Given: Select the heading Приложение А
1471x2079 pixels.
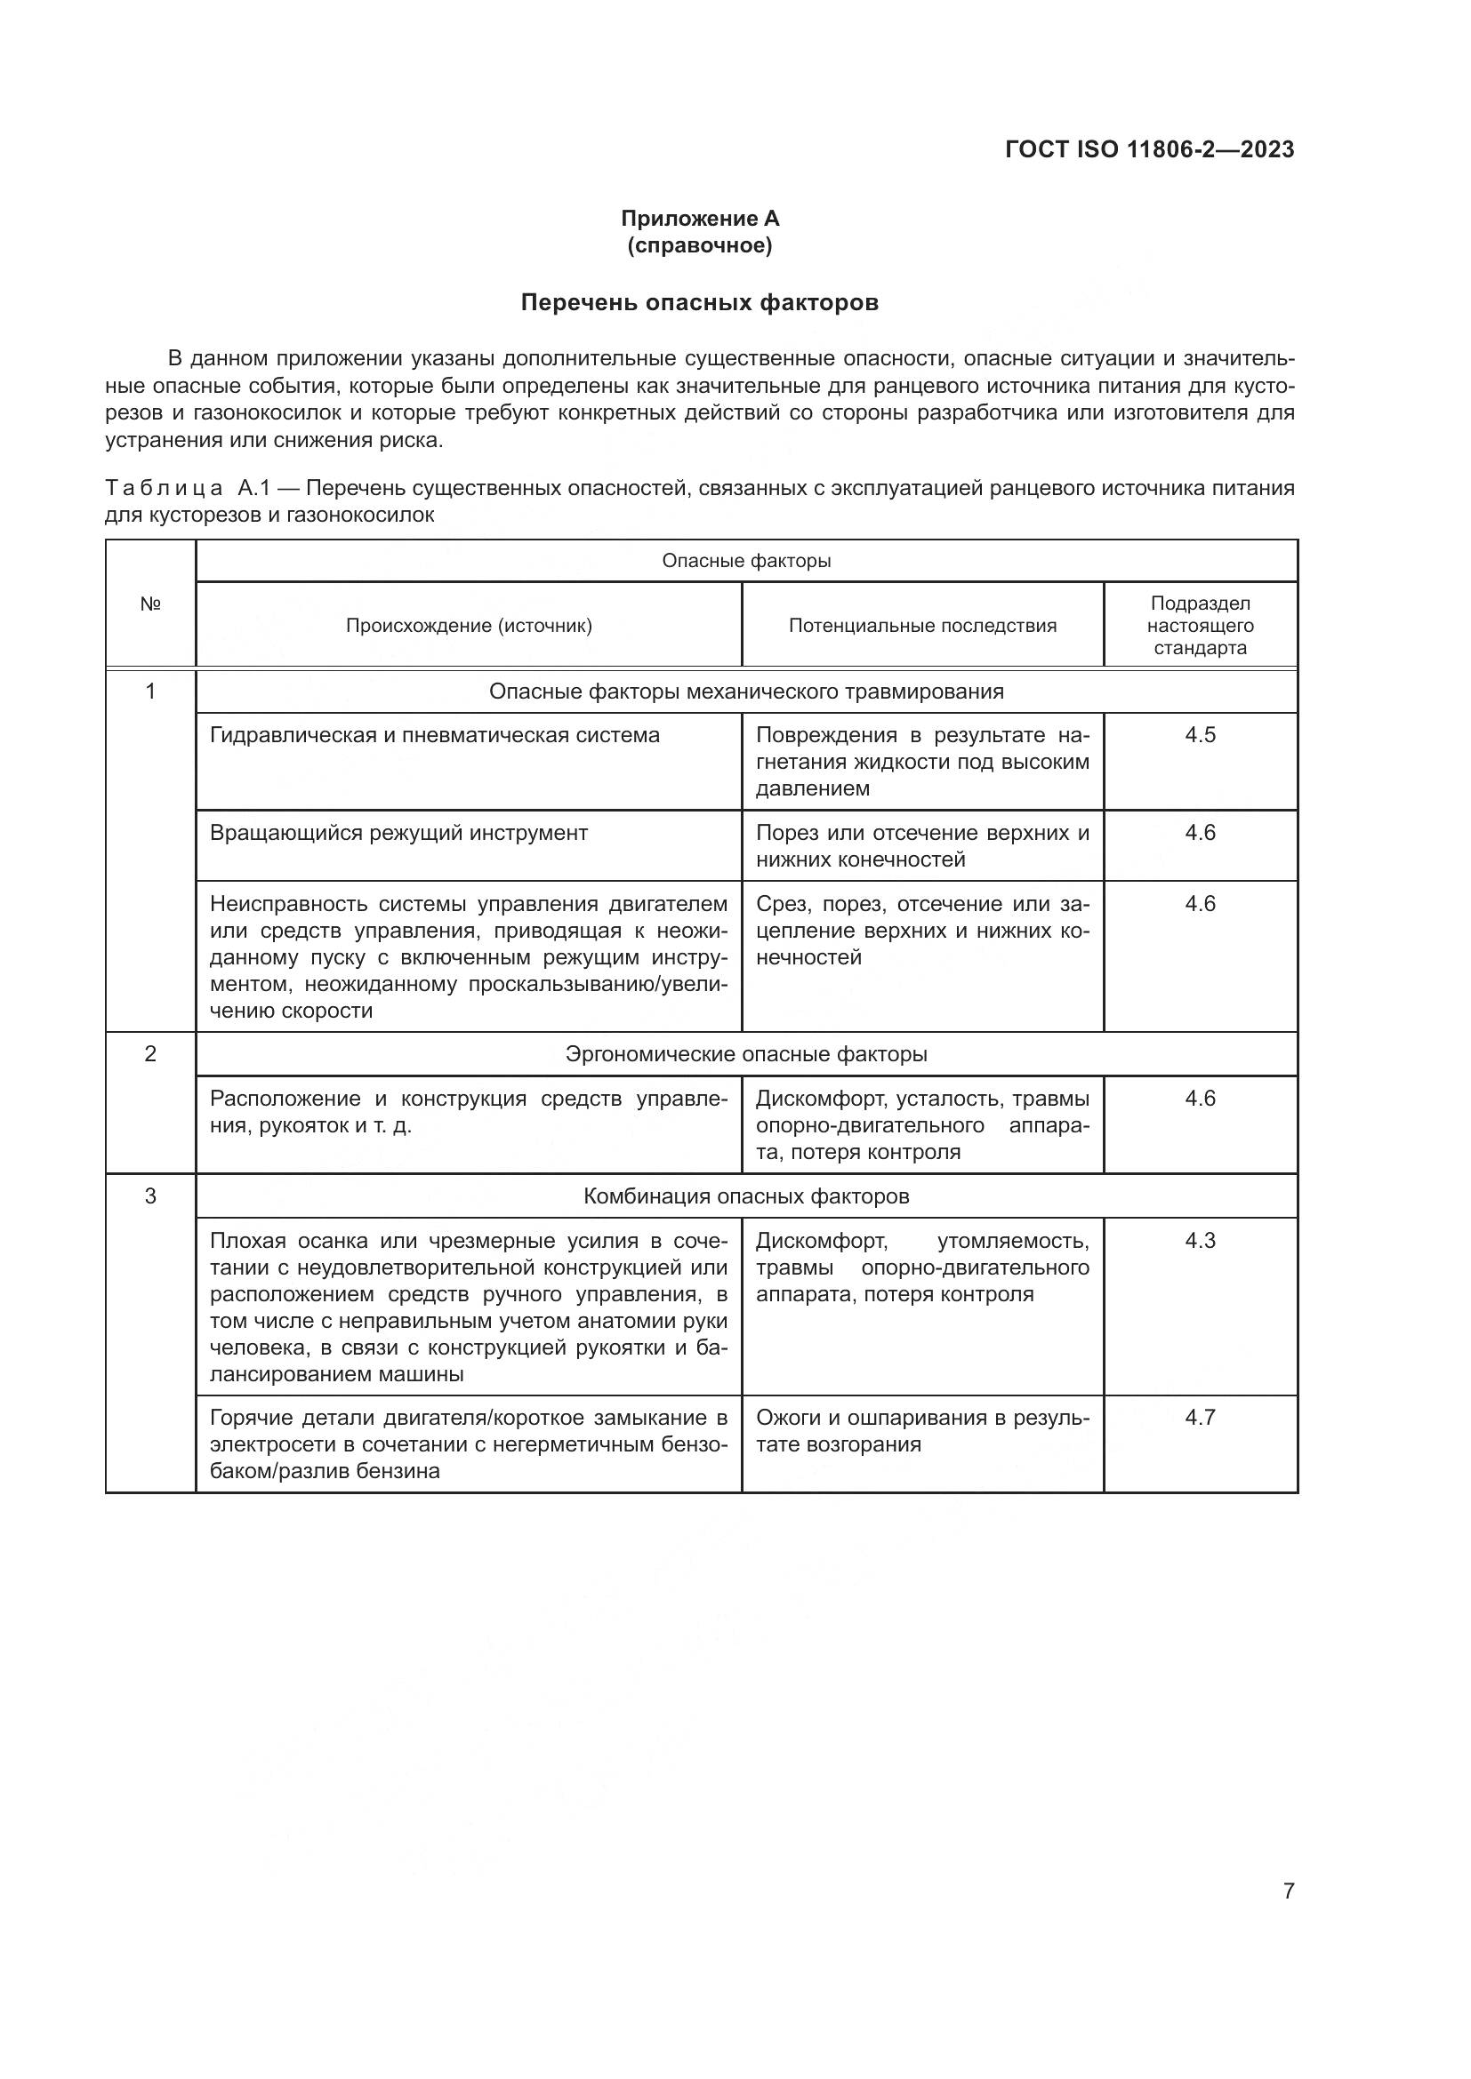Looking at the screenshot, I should point(699,219).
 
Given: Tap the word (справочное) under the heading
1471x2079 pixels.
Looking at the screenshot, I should point(699,245).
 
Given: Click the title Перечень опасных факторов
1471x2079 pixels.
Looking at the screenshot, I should point(699,302).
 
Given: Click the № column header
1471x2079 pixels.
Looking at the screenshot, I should point(150,604).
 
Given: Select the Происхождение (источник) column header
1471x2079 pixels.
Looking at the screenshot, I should point(469,626).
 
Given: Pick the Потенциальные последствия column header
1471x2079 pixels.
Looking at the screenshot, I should point(922,626).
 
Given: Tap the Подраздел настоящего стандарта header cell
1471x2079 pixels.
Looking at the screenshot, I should point(1200,626).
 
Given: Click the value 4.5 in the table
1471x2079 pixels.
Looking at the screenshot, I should point(1200,735).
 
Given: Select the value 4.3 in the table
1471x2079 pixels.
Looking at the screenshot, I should point(1200,1241).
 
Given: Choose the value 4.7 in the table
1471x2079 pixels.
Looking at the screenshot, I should point(1200,1417).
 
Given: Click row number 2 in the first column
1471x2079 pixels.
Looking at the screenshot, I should point(150,1054).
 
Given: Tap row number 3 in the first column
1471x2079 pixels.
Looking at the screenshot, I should point(150,1196).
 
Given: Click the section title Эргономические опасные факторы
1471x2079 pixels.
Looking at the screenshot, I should point(746,1054).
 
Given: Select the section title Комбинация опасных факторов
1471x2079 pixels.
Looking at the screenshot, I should point(746,1196).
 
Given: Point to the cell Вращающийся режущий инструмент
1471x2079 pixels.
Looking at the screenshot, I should point(398,833).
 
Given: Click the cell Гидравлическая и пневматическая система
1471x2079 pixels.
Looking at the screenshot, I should point(435,735).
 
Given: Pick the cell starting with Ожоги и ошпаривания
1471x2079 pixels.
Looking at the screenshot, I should point(922,1431).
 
